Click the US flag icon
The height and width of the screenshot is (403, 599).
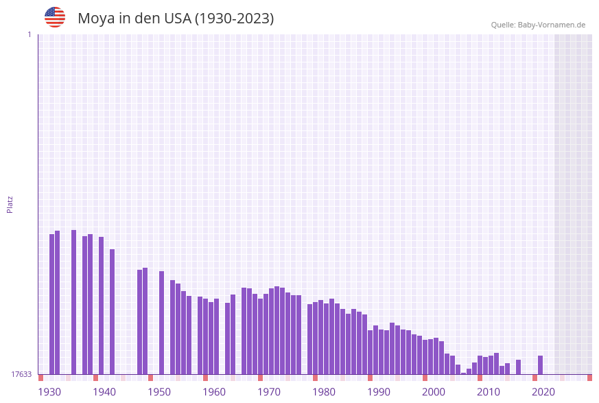coord(55,17)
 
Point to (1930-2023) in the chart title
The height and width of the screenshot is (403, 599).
coord(235,19)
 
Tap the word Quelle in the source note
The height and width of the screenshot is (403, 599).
coord(503,25)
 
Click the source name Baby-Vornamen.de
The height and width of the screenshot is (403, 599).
coord(552,25)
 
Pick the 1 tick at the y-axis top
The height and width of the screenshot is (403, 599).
coord(29,34)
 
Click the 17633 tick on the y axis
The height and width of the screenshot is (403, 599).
coord(21,374)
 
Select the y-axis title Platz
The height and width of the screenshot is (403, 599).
coord(10,204)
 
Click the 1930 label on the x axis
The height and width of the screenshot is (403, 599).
coord(49,392)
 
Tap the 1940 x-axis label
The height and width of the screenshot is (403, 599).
coord(104,392)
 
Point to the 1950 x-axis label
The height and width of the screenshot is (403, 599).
coord(159,392)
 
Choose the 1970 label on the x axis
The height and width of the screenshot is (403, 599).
coord(269,392)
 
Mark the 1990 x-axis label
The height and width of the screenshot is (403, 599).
coord(379,392)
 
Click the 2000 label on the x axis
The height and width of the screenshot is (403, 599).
coord(434,392)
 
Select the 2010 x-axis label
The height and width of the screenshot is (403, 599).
coord(489,392)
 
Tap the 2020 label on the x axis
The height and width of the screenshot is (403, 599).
coord(543,392)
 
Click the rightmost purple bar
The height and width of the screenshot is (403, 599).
coord(541,365)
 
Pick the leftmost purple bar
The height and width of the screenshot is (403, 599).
coord(52,304)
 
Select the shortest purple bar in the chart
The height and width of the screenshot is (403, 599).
coord(464,373)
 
